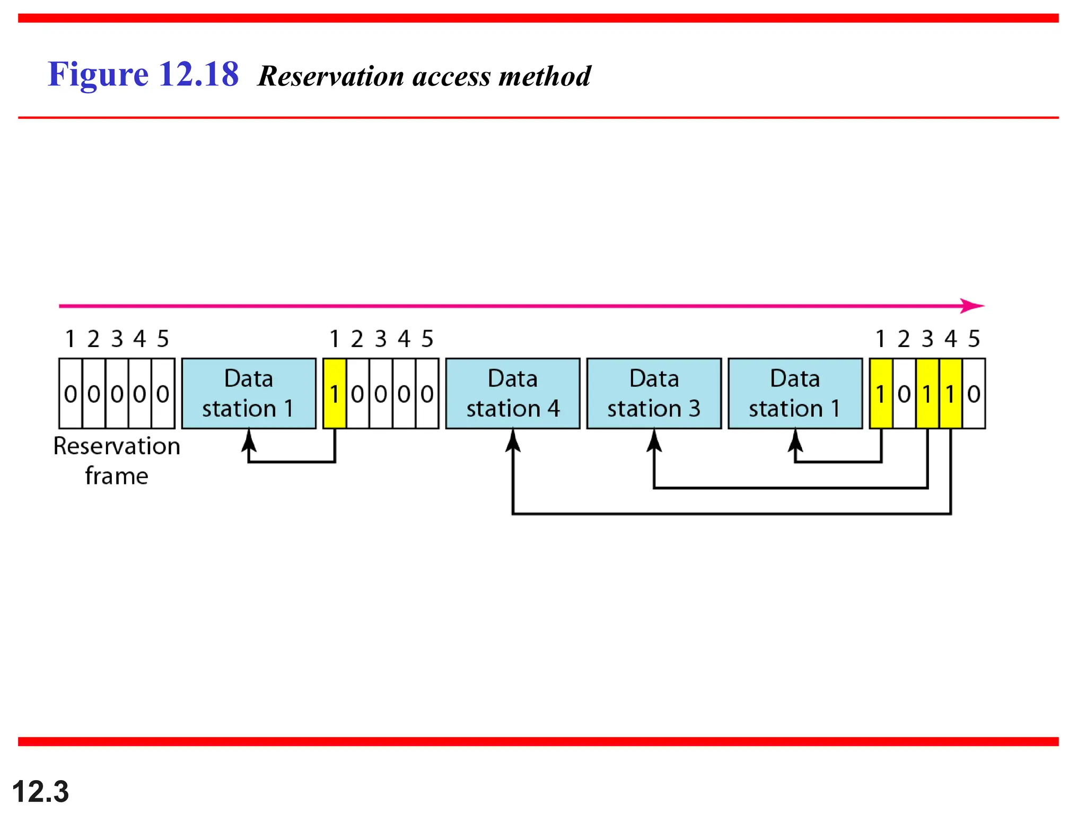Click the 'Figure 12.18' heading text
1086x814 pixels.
click(x=143, y=74)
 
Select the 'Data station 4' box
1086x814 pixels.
click(x=512, y=394)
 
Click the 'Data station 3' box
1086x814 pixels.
click(x=654, y=394)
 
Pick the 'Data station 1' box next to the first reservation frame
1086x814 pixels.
click(x=248, y=394)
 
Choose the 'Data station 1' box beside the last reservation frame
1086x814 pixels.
click(x=795, y=394)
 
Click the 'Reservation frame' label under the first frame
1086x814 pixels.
click(x=117, y=461)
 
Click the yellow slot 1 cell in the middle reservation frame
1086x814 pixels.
click(x=334, y=394)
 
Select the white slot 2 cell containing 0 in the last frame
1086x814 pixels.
click(x=904, y=394)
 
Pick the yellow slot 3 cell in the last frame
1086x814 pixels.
click(x=927, y=394)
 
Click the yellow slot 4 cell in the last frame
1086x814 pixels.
click(x=950, y=394)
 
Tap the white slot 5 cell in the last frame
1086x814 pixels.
click(x=974, y=394)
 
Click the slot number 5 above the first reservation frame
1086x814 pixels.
click(x=163, y=339)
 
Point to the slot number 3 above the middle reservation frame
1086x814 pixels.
click(x=381, y=339)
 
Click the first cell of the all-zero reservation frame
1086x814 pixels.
click(x=71, y=394)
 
